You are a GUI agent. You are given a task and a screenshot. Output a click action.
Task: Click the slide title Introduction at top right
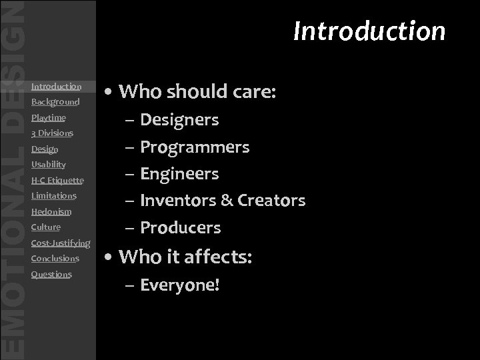[x=369, y=31]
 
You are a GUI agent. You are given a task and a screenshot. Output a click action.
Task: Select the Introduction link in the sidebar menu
[x=56, y=86]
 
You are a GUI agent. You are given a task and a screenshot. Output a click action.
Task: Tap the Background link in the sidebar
[x=55, y=102]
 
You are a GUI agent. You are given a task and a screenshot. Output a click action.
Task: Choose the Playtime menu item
[x=49, y=117]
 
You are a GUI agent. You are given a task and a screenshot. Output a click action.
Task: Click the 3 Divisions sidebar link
[x=52, y=133]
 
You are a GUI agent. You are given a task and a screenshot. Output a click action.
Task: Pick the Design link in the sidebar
[x=45, y=149]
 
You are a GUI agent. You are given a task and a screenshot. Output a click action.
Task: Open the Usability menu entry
[x=49, y=164]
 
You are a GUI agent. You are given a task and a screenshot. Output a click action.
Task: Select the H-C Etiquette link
[x=57, y=180]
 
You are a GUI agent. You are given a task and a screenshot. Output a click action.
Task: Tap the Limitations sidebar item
[x=54, y=195]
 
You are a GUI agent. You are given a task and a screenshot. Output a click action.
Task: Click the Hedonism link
[x=51, y=211]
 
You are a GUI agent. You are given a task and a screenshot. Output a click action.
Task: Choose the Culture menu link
[x=46, y=227]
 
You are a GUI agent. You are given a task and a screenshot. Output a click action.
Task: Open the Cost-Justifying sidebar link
[x=61, y=243]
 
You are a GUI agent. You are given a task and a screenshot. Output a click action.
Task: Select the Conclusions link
[x=55, y=258]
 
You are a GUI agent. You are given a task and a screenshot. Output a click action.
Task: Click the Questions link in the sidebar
[x=51, y=274]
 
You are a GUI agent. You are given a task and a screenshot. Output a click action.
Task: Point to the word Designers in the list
[x=179, y=120]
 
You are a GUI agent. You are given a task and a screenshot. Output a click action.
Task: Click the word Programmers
[x=195, y=147]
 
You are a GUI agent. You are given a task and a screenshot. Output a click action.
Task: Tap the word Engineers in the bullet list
[x=179, y=174]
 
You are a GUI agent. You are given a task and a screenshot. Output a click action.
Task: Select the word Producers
[x=180, y=227]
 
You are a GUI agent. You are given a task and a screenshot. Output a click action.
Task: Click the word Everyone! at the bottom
[x=180, y=286]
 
